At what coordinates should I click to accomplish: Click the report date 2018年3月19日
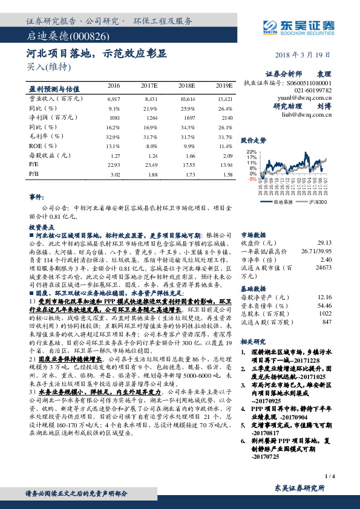309,54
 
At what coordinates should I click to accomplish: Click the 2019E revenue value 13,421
224,98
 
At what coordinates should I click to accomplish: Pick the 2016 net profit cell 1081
114,117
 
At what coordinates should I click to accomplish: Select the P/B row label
34,174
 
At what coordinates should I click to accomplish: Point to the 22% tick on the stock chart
252,152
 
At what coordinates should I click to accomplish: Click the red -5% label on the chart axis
252,179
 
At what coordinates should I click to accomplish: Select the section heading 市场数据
254,233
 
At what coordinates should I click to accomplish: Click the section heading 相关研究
254,342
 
